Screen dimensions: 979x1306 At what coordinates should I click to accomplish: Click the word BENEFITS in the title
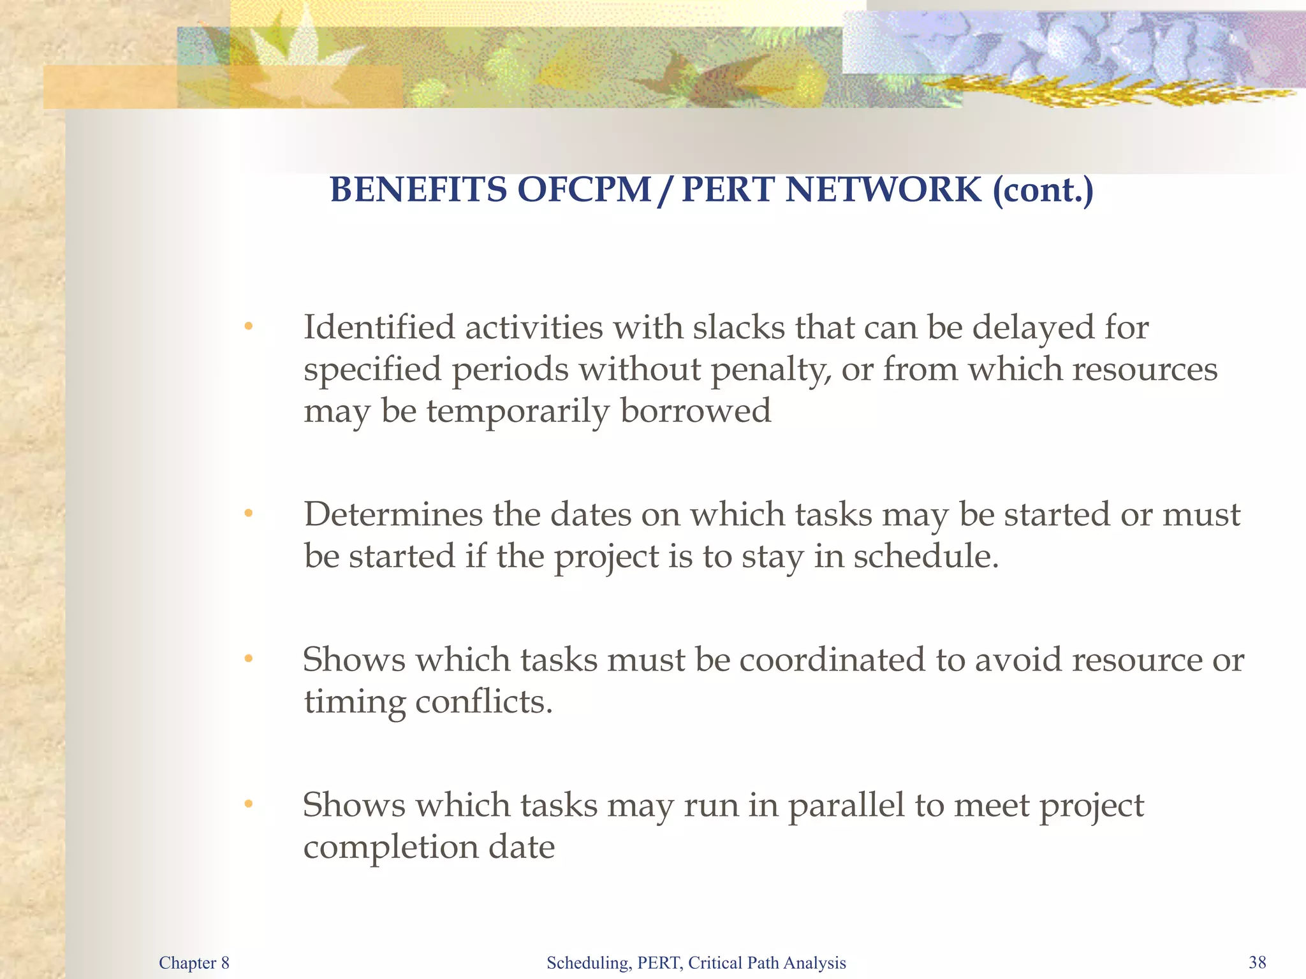(x=418, y=190)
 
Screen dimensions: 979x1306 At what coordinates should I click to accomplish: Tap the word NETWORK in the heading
(x=883, y=190)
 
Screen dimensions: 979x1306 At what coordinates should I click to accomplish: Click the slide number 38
(x=1257, y=962)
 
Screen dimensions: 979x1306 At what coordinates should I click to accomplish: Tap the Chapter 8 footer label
(x=194, y=962)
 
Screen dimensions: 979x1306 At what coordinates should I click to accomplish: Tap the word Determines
(x=393, y=514)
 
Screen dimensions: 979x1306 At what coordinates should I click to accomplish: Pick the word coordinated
(x=832, y=660)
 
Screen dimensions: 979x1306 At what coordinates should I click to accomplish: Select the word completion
(x=390, y=848)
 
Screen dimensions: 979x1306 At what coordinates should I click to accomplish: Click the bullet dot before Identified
(x=249, y=328)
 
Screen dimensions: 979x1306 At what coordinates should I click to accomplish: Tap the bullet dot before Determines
(x=249, y=514)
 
